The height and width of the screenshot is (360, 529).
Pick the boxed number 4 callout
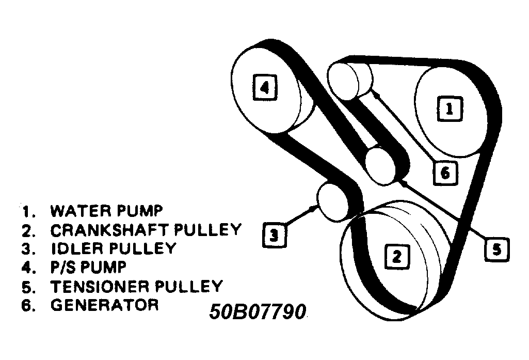[x=264, y=88]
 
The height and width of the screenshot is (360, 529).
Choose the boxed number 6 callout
[x=445, y=173]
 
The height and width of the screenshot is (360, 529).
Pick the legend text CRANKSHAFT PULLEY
[x=146, y=229]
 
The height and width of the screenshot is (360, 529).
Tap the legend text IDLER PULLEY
[x=113, y=248]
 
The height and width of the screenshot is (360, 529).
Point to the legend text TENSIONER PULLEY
[x=136, y=286]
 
